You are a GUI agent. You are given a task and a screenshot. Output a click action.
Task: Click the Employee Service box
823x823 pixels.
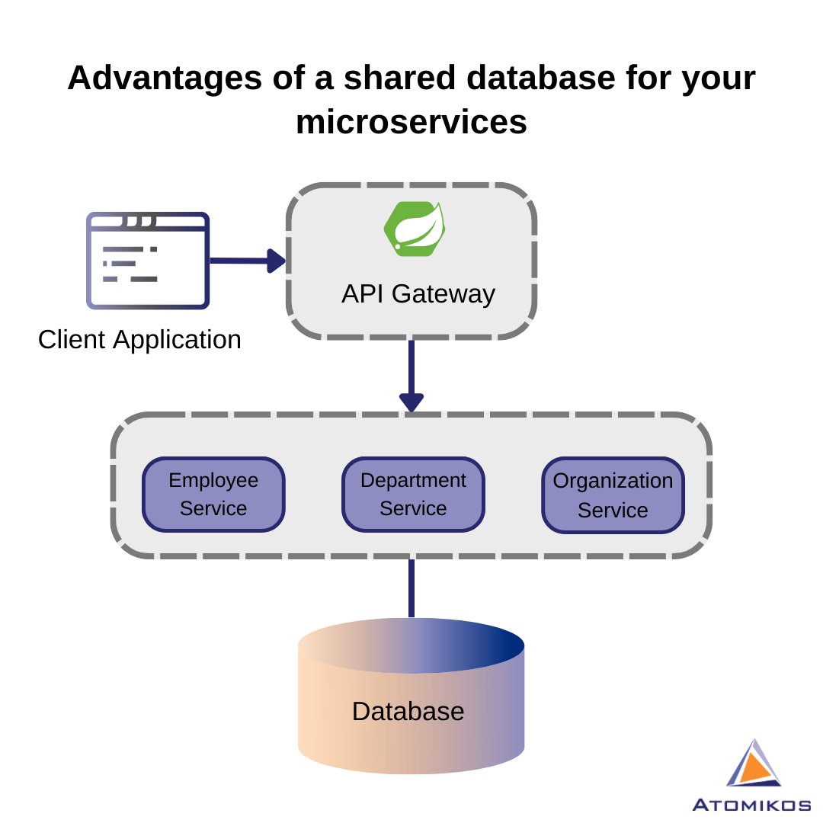(x=213, y=494)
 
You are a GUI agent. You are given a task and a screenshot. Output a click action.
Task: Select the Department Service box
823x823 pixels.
(x=412, y=494)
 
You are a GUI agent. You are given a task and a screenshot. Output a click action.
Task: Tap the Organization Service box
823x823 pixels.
(x=613, y=495)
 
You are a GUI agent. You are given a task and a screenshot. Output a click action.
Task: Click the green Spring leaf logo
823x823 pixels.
(x=415, y=228)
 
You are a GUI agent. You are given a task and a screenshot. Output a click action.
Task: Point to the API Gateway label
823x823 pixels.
(x=418, y=293)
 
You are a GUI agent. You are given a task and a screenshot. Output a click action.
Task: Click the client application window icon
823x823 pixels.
(x=148, y=261)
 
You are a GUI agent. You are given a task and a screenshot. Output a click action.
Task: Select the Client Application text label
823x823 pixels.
(x=139, y=339)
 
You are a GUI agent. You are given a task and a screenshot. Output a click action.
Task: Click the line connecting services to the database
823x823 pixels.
(x=411, y=588)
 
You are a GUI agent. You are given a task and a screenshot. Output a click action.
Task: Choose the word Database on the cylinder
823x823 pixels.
(x=408, y=711)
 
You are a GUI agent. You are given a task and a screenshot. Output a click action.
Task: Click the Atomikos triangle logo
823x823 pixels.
(x=754, y=764)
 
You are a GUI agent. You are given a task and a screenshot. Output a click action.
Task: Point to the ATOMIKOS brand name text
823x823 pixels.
(x=751, y=805)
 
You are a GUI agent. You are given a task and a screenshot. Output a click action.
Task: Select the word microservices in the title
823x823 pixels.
(x=411, y=122)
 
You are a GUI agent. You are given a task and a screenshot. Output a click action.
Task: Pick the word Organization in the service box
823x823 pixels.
(x=613, y=481)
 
